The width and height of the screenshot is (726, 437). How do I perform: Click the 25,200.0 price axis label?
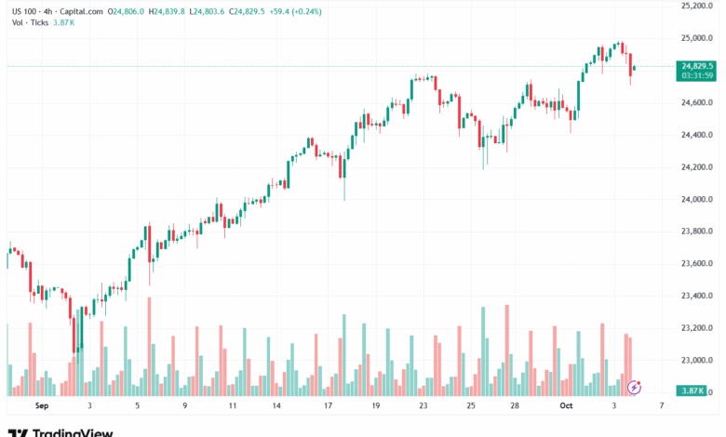696,6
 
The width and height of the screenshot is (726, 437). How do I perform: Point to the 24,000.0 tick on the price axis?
696,199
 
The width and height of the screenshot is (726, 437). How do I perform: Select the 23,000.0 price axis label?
696,360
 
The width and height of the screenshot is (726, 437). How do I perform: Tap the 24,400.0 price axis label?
696,135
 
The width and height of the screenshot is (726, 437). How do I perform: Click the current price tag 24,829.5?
697,66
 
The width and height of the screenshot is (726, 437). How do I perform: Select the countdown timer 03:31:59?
697,76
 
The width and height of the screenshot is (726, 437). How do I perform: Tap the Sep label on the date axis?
41,406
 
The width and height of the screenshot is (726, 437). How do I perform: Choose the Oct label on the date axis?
566,406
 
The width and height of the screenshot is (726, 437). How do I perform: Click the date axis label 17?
328,406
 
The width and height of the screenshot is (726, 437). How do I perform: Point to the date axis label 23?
423,406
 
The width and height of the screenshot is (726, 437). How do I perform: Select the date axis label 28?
515,406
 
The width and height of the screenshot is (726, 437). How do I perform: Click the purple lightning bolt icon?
635,386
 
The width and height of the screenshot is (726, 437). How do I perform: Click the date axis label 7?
662,406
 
